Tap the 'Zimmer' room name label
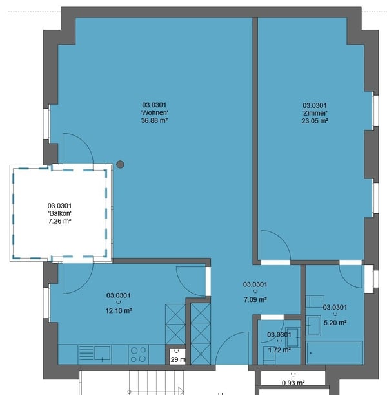pyautogui.click(x=315, y=113)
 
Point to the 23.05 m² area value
pyautogui.click(x=315, y=121)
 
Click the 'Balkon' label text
pyautogui.click(x=59, y=213)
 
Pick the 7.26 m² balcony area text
pyautogui.click(x=59, y=221)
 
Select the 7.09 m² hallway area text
pyautogui.click(x=255, y=299)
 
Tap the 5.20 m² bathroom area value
pyautogui.click(x=335, y=322)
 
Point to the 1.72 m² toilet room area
pyautogui.click(x=279, y=350)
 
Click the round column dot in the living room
pyautogui.click(x=120, y=165)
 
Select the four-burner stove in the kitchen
pyautogui.click(x=138, y=354)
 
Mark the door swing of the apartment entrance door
pyautogui.click(x=233, y=349)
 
